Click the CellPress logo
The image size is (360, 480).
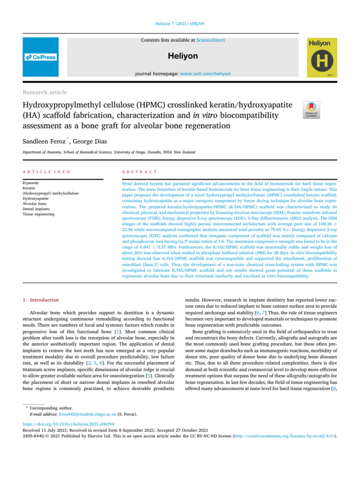coord(41,57)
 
